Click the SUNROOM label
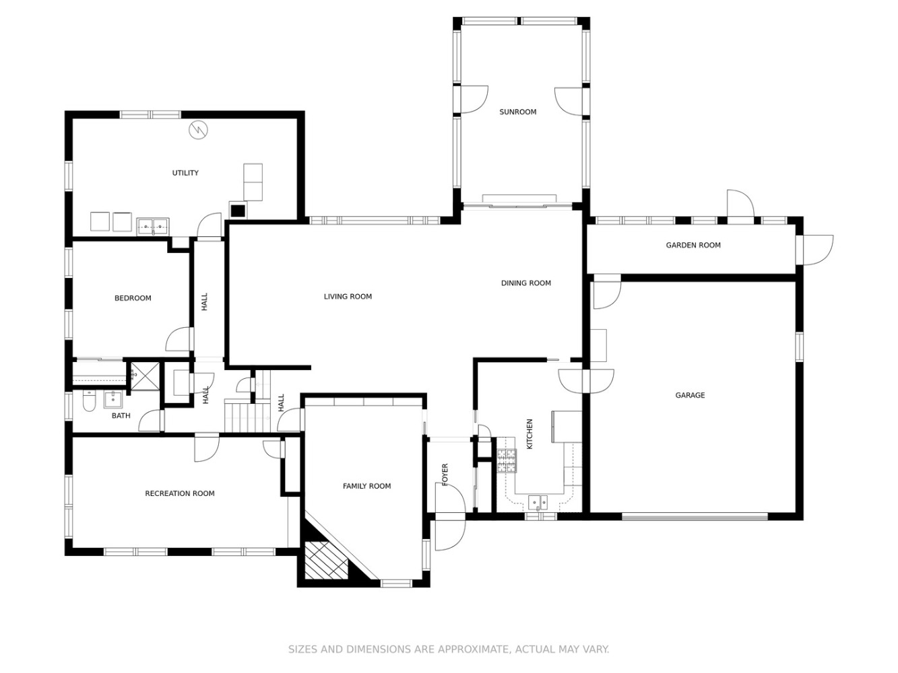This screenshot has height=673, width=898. pyautogui.click(x=517, y=112)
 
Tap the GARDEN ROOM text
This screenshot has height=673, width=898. pyautogui.click(x=693, y=245)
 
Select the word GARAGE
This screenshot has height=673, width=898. pyautogui.click(x=690, y=395)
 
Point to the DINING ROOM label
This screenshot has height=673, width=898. pyautogui.click(x=525, y=283)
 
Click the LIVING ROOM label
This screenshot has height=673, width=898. pyautogui.click(x=348, y=296)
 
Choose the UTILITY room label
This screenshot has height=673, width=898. pyautogui.click(x=185, y=173)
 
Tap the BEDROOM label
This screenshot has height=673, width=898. pyautogui.click(x=133, y=298)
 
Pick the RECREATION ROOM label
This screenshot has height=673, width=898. pyautogui.click(x=180, y=493)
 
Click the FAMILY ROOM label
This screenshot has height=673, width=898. pyautogui.click(x=366, y=486)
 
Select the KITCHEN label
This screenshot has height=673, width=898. pyautogui.click(x=530, y=434)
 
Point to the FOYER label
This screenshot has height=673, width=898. pyautogui.click(x=445, y=474)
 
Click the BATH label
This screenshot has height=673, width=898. pyautogui.click(x=121, y=415)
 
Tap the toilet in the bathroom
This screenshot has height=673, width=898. pyautogui.click(x=89, y=400)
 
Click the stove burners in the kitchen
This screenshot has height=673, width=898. pyautogui.click(x=507, y=461)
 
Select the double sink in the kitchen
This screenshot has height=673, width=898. pyautogui.click(x=538, y=502)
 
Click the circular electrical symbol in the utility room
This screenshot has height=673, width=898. pyautogui.click(x=198, y=129)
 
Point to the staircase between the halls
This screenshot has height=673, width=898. pyautogui.click(x=247, y=416)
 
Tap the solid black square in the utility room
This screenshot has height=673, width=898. pyautogui.click(x=238, y=211)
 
